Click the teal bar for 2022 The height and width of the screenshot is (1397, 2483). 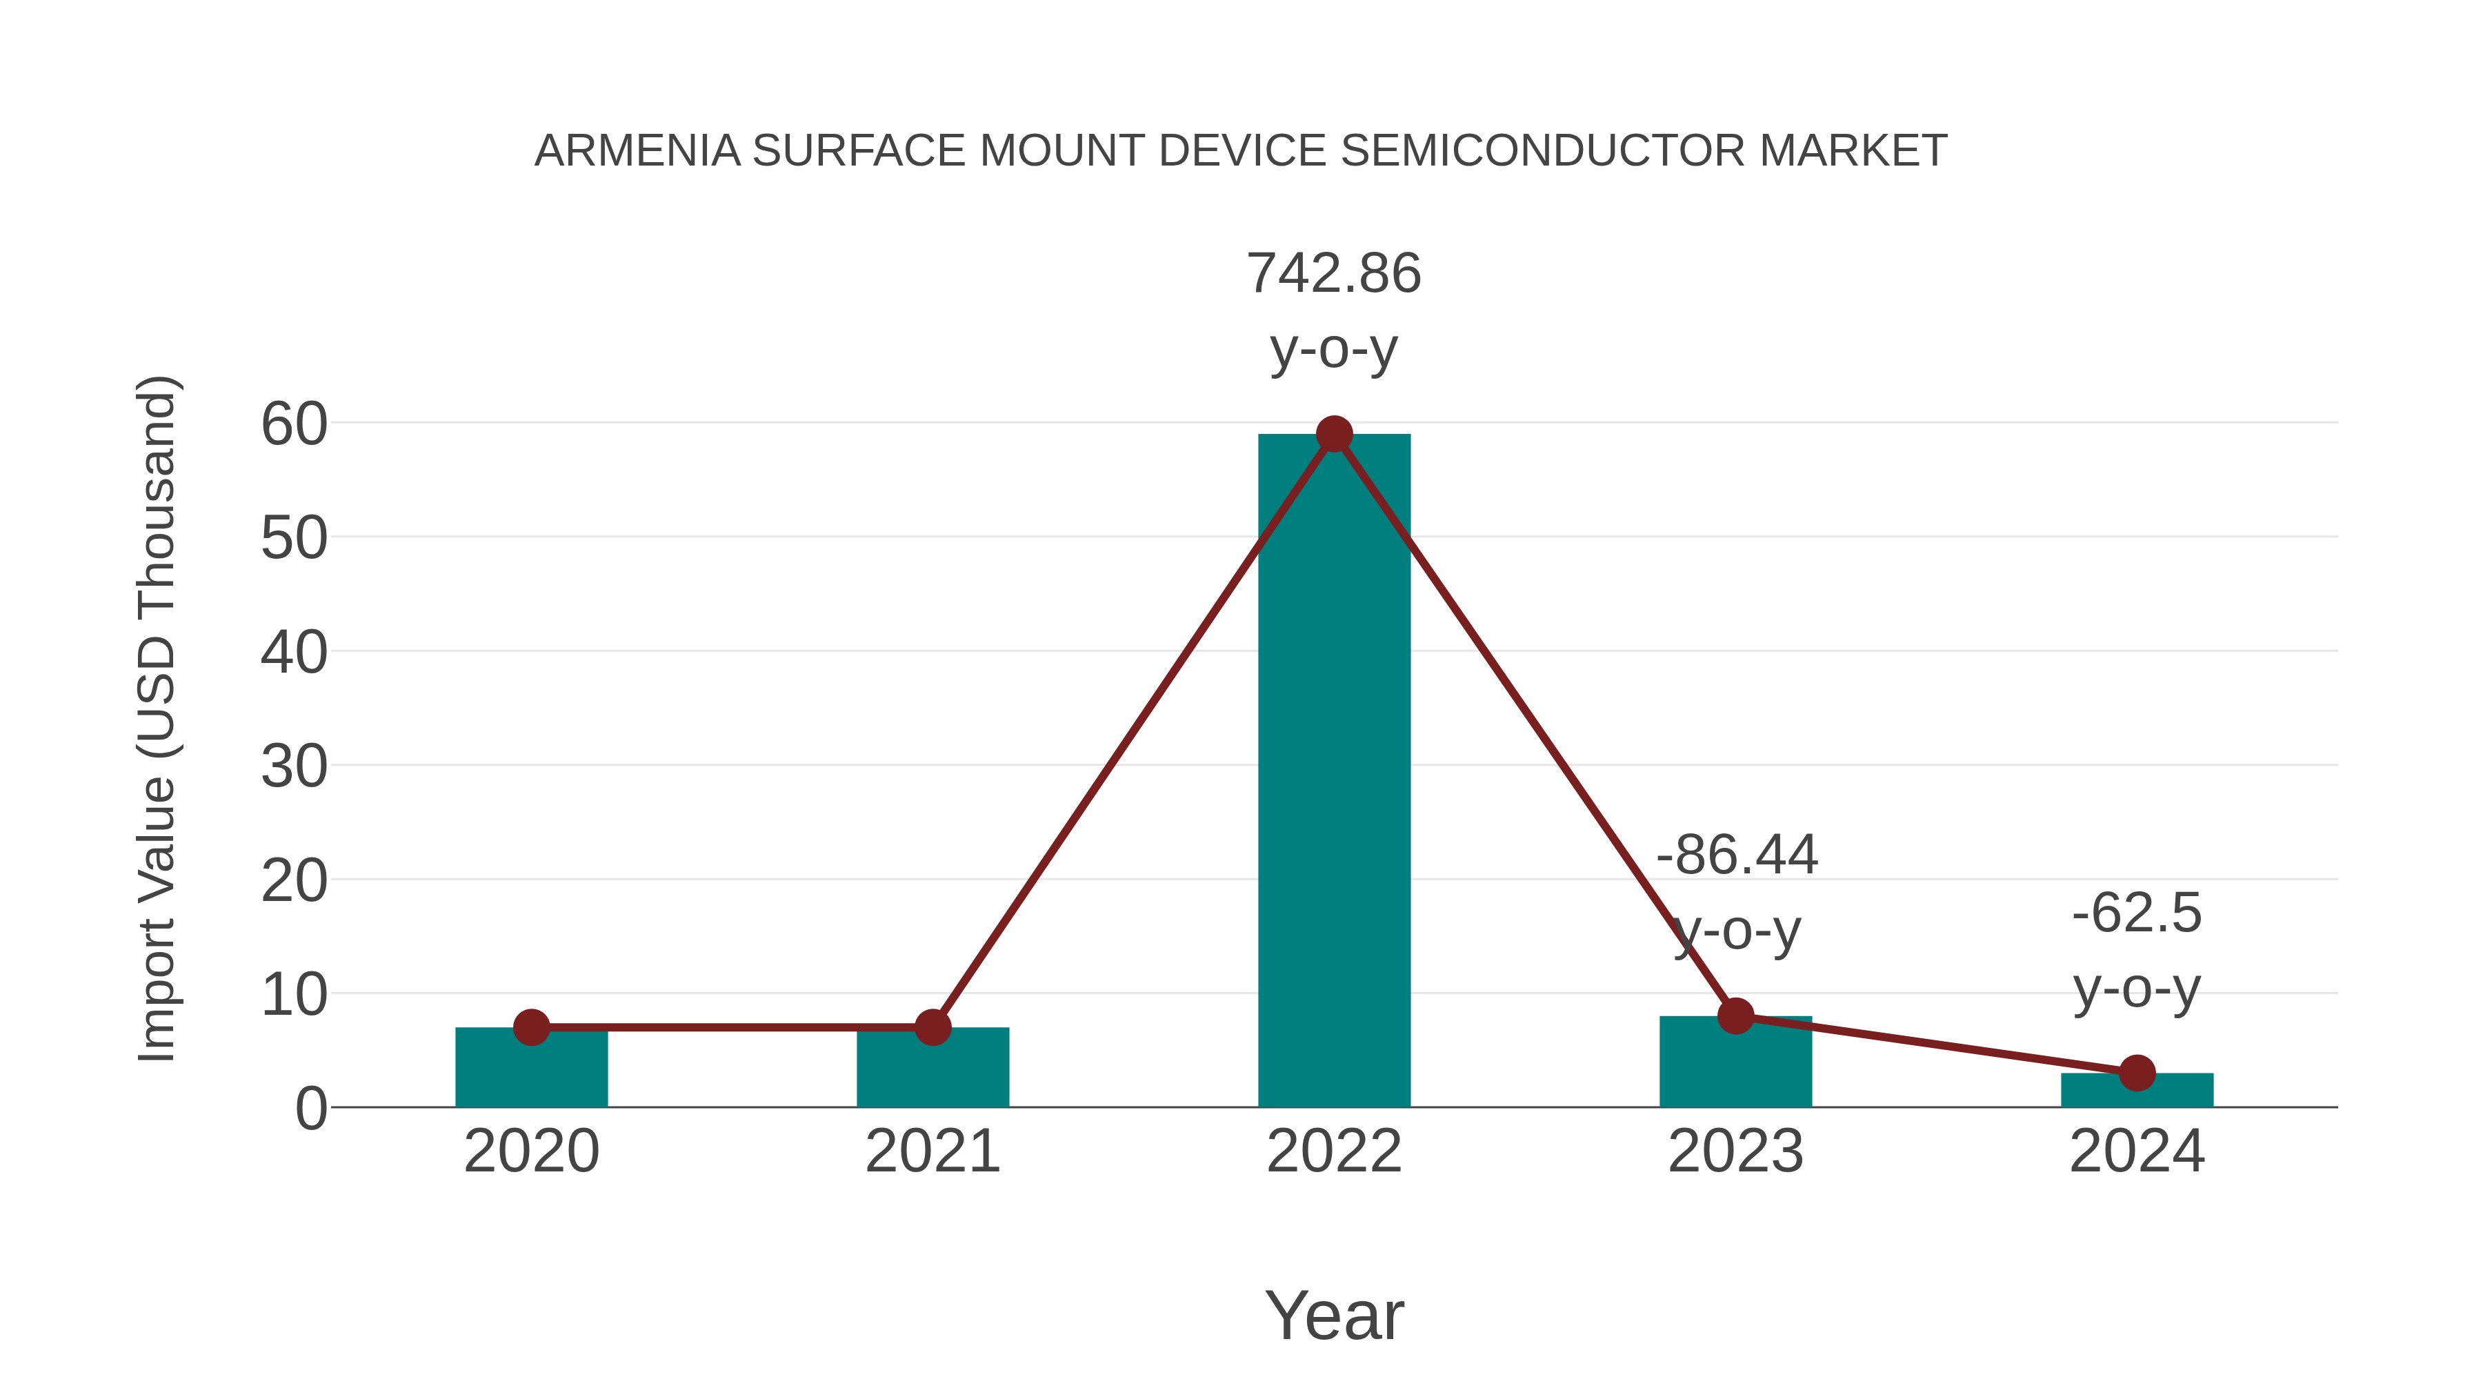(1334, 771)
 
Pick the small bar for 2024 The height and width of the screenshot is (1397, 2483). (2137, 1091)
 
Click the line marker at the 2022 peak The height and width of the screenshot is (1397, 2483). (1334, 435)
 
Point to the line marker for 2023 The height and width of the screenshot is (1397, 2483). (1735, 1015)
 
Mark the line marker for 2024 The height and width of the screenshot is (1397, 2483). (2137, 1072)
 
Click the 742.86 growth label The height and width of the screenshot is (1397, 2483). (1334, 274)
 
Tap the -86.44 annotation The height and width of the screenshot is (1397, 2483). (1737, 855)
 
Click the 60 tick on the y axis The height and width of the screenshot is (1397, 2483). (294, 424)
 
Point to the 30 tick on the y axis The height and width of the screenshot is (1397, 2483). (294, 767)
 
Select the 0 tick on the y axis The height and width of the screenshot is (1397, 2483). (311, 1109)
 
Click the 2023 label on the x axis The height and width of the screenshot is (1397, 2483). (1735, 1151)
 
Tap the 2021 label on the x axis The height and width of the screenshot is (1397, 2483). (932, 1151)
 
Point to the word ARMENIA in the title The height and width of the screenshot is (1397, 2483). (637, 151)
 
